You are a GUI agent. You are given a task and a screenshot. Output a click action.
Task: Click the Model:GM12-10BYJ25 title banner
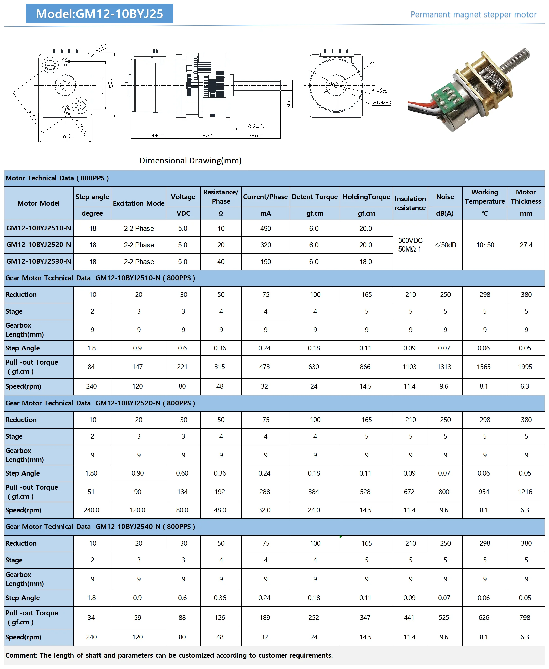(99, 14)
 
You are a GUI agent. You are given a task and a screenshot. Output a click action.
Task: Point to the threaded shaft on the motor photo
(515, 60)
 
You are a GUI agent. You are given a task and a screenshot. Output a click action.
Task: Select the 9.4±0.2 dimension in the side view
(156, 136)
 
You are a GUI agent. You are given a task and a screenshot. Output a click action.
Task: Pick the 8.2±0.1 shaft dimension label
(257, 126)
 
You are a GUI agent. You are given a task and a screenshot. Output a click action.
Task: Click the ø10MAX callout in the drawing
(382, 103)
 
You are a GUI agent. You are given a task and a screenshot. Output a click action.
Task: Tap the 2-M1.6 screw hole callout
(81, 126)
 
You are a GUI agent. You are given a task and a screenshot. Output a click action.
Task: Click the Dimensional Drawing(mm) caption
(190, 160)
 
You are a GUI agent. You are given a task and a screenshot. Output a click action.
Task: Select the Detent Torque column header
(315, 197)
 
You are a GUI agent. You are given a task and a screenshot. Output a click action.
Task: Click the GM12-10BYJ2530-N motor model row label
(39, 262)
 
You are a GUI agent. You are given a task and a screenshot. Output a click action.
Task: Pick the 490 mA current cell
(266, 228)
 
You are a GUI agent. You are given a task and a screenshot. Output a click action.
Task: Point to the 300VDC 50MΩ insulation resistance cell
(410, 245)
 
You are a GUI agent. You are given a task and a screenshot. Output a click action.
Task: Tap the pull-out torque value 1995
(525, 367)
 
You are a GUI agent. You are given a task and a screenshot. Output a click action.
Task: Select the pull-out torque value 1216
(525, 492)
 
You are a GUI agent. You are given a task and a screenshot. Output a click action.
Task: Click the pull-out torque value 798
(525, 617)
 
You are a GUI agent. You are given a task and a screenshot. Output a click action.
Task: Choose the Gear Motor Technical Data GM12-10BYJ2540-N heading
(100, 526)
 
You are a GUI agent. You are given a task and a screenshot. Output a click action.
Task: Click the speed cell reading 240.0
(91, 510)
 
